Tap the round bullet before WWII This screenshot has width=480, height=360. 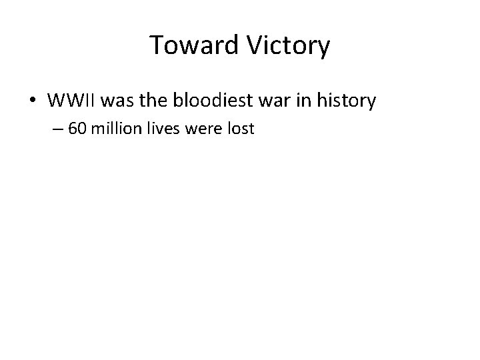[x=33, y=101]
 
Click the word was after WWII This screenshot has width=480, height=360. [x=122, y=101]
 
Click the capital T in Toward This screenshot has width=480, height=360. [x=156, y=46]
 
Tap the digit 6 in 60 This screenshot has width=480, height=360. [x=73, y=129]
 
